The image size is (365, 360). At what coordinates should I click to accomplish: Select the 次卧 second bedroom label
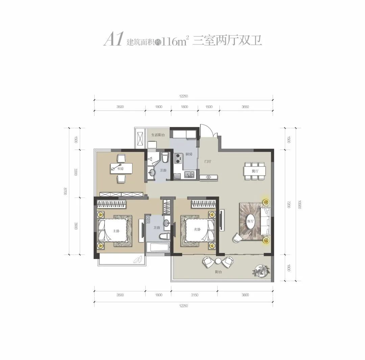pyautogui.click(x=197, y=229)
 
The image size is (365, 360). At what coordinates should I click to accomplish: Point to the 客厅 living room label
pyautogui.click(x=250, y=221)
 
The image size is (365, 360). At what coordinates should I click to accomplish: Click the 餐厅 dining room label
pyautogui.click(x=255, y=171)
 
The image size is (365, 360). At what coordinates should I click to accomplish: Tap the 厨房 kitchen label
pyautogui.click(x=189, y=154)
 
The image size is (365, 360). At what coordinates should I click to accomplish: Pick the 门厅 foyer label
pyautogui.click(x=208, y=161)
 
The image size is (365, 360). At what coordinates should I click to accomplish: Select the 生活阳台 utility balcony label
pyautogui.click(x=157, y=135)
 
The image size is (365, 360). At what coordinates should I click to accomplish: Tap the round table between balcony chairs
pyautogui.click(x=218, y=261)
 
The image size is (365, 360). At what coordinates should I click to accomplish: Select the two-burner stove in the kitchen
pyautogui.click(x=178, y=158)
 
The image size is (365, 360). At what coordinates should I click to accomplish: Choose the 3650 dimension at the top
pyautogui.click(x=245, y=107)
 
